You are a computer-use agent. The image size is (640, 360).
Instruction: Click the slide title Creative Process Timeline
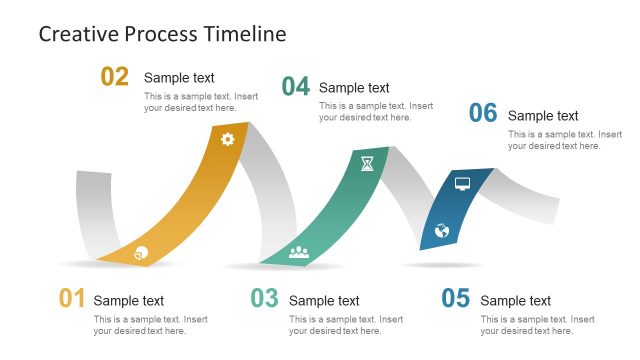(x=162, y=34)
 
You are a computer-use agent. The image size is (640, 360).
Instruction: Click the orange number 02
(x=115, y=77)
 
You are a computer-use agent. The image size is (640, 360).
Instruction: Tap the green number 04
(x=295, y=87)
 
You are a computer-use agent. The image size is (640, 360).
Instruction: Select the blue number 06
(x=483, y=114)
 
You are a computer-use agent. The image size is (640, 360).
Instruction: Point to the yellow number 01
(x=72, y=298)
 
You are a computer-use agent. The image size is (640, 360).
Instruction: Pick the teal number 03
(x=264, y=298)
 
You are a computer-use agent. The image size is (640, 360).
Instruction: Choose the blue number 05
(x=455, y=298)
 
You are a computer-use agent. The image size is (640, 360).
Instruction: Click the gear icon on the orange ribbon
(x=227, y=139)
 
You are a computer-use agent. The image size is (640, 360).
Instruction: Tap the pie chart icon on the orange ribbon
(x=141, y=252)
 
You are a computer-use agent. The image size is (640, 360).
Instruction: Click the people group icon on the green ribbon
(x=299, y=252)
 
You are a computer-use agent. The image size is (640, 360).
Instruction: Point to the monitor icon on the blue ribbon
(x=462, y=183)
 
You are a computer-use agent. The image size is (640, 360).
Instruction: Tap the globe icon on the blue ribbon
(x=442, y=231)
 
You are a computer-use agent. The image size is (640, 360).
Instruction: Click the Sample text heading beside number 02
(x=179, y=78)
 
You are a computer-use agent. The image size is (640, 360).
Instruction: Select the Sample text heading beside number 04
(x=354, y=88)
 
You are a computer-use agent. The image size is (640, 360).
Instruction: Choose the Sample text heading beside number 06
(x=543, y=116)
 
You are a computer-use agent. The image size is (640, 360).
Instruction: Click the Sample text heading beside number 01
(x=129, y=300)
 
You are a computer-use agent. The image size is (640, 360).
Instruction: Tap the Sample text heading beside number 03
(x=324, y=300)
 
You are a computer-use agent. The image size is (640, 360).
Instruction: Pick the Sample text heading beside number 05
(x=516, y=300)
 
